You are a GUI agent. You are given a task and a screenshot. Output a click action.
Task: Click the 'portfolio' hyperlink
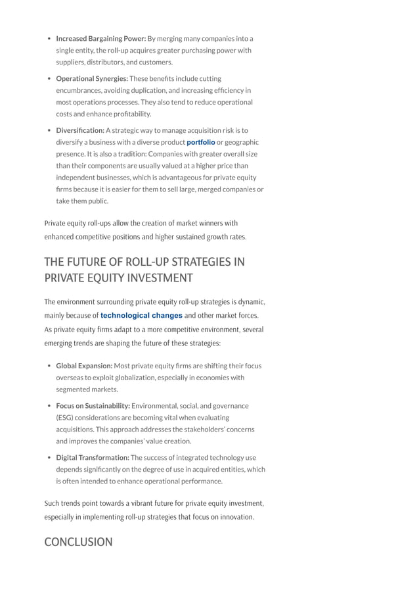pos(201,142)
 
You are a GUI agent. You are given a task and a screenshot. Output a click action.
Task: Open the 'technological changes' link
pos(141,316)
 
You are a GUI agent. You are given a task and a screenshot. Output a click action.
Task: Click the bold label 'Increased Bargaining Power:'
pos(101,38)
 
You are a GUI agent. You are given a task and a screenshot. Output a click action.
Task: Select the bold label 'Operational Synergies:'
pos(92,78)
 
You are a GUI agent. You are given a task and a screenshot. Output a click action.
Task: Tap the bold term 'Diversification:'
pos(80,130)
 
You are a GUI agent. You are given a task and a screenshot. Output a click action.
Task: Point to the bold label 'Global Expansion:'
pos(84,366)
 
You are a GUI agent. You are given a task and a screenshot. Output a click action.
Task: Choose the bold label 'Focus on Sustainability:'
pos(93,406)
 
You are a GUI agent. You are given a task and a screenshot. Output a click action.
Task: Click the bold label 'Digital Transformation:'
pos(93,458)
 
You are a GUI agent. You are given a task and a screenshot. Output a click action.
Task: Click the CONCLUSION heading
pos(78,542)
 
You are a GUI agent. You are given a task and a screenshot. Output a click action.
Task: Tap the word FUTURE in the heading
pos(89,262)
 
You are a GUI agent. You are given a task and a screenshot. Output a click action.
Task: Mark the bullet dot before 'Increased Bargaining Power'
pos(49,38)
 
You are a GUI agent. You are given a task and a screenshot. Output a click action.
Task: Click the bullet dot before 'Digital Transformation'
pos(49,458)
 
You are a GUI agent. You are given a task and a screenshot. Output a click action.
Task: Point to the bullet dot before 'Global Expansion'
pos(49,366)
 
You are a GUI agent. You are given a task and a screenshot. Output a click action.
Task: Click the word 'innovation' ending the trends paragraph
pos(235,517)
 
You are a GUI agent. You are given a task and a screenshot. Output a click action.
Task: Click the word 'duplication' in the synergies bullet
pos(162,90)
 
